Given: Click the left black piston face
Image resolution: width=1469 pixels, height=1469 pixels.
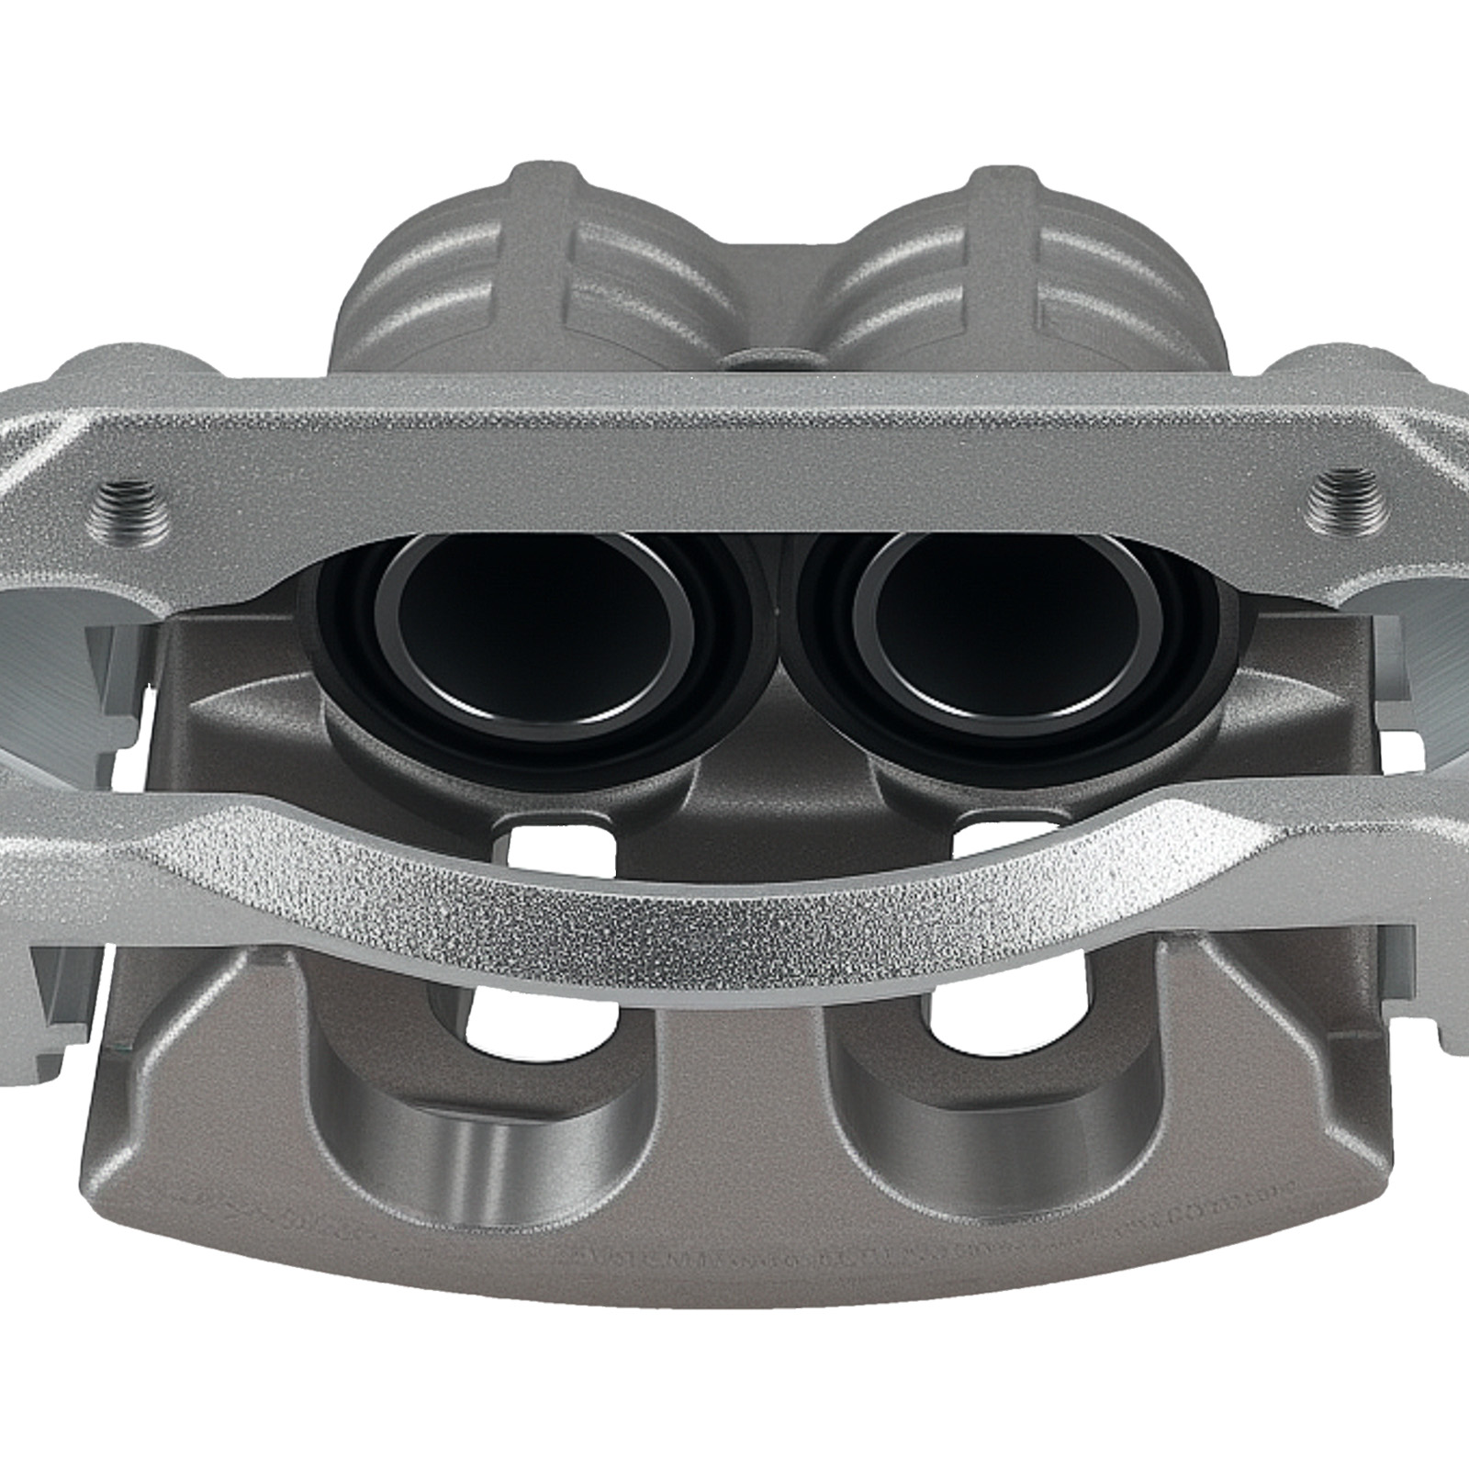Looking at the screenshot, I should (533, 634).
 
